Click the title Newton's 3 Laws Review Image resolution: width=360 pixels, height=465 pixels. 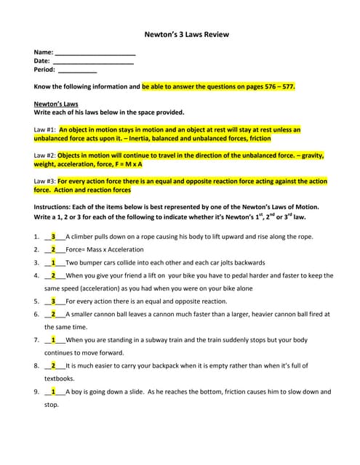pos(180,33)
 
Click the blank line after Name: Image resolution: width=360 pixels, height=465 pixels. pos(95,53)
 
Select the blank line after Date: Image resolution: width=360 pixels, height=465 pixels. pos(92,62)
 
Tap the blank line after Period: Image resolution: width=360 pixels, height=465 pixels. pos(77,70)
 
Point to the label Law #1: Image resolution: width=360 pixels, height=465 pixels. pos(46,130)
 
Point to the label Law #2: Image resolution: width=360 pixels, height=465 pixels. pos(46,155)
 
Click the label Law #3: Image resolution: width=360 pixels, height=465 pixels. pos(46,181)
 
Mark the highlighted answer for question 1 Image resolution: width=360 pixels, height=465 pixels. pos(53,237)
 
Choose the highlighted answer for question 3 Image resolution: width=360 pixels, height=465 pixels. pos(53,263)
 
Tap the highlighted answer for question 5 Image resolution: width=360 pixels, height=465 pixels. pos(53,301)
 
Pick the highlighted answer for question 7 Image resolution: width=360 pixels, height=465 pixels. pos(53,339)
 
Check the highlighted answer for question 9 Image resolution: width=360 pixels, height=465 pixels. pos(53,392)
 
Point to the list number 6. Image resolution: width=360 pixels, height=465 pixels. pos(36,314)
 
